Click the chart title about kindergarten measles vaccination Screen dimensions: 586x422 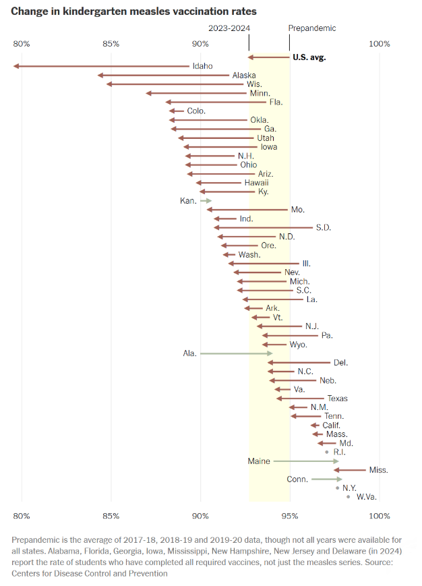tap(133, 11)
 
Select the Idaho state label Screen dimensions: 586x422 tap(202, 66)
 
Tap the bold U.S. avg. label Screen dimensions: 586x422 tap(309, 57)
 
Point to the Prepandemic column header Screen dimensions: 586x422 tap(311, 28)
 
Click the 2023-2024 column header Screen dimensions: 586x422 tap(229, 28)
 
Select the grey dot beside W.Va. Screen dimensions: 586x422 tap(349, 496)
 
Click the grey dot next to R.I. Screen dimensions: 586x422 tap(327, 452)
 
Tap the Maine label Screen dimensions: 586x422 tap(258, 461)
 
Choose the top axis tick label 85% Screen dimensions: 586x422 tap(111, 44)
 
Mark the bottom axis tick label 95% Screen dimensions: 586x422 tap(290, 516)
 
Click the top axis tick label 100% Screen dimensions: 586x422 tap(380, 44)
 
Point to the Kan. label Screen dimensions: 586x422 tap(188, 201)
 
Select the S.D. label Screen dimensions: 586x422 tap(323, 228)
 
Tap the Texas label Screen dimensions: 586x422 tap(337, 399)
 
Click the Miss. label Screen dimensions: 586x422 tap(378, 470)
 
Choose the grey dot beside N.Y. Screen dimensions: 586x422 tap(338, 488)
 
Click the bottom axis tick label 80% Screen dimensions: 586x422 tap(22, 516)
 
